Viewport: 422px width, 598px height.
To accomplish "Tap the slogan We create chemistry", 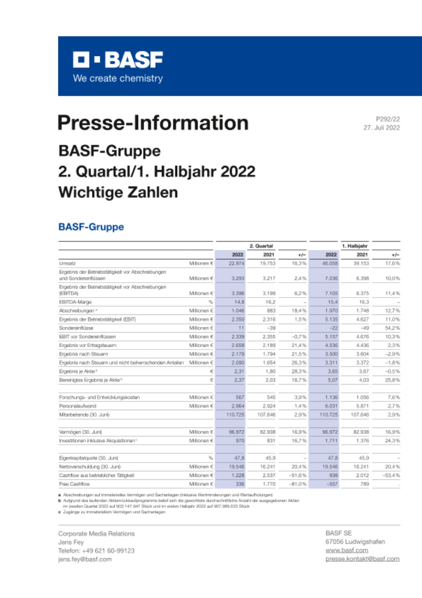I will (x=118, y=78).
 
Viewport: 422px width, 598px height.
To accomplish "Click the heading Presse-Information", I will (x=153, y=123).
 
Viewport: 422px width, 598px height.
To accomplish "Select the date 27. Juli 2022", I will (x=381, y=128).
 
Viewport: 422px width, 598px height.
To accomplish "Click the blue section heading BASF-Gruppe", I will (x=91, y=227).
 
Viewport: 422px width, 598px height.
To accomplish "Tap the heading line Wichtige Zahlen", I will (x=118, y=192).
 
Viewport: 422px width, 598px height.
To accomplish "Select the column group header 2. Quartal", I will (x=261, y=245).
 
